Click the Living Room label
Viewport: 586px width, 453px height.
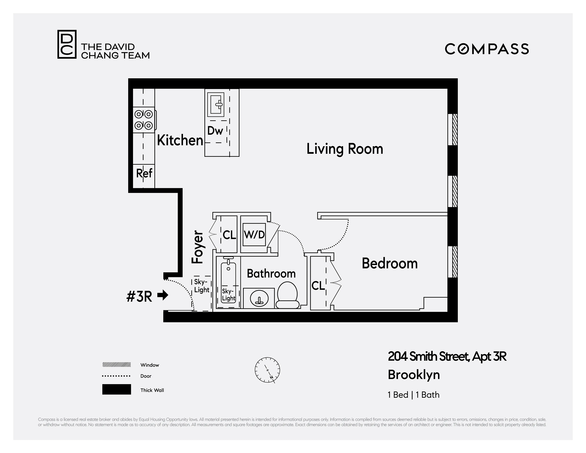coord(345,149)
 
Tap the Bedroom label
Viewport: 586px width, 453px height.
coord(389,263)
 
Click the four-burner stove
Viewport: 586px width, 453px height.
coord(144,120)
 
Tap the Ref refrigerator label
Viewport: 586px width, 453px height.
coord(144,173)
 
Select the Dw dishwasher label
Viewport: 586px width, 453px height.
coord(215,131)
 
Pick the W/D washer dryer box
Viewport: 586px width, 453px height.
coord(254,234)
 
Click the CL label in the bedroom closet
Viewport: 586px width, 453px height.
coord(318,286)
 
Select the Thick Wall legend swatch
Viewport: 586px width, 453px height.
coord(116,389)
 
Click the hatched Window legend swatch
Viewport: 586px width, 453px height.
coord(116,365)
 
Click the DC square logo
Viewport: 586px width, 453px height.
coord(67,44)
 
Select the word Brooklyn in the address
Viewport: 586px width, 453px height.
coord(413,375)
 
